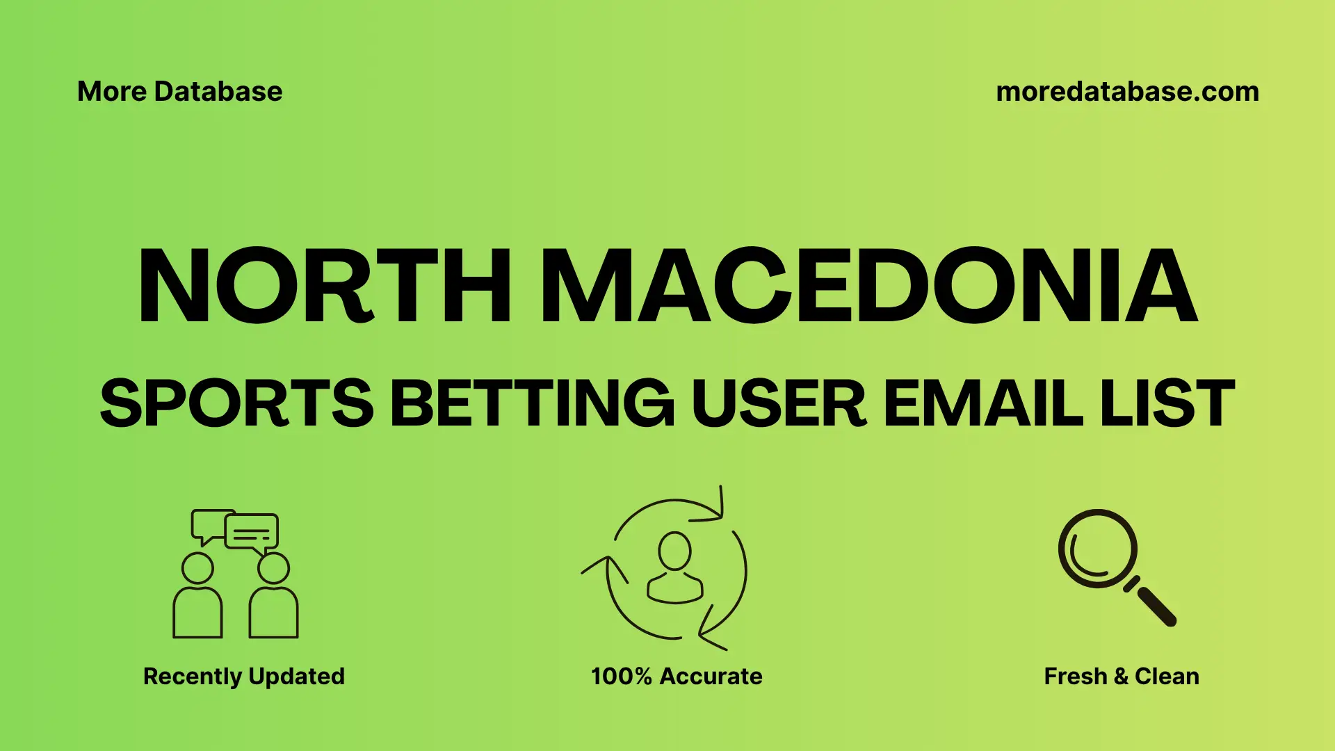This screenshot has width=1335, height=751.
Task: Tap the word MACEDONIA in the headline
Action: (x=868, y=286)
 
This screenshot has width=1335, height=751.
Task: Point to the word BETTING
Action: (x=532, y=403)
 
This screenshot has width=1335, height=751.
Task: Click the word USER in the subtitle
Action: (x=779, y=403)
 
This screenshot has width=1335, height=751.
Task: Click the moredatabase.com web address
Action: (x=1127, y=92)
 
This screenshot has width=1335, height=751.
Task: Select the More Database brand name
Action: (x=179, y=92)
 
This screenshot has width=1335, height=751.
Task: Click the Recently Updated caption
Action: (x=243, y=676)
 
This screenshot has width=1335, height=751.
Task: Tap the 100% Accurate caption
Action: (x=677, y=676)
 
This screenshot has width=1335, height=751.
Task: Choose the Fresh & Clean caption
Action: (x=1122, y=676)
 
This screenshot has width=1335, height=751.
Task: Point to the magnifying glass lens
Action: (x=1097, y=549)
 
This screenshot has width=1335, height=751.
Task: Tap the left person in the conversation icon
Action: (x=197, y=598)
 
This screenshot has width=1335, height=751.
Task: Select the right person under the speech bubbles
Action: (x=274, y=598)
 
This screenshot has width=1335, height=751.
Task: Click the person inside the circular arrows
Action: (x=674, y=569)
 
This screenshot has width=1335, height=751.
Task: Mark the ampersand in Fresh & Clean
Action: (x=1121, y=676)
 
